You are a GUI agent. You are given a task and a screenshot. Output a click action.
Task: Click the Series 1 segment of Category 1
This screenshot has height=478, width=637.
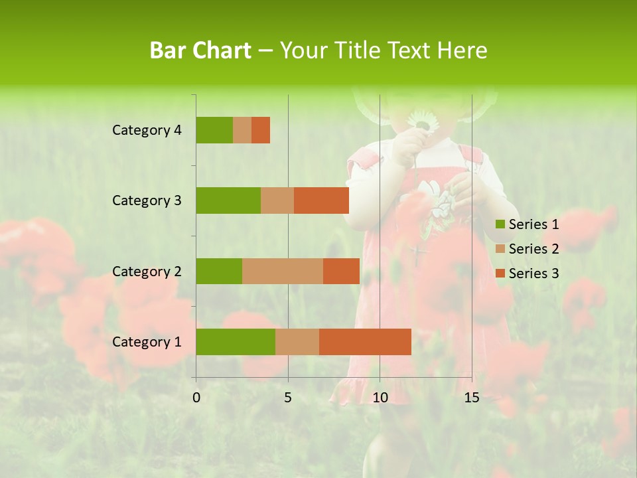coord(236,342)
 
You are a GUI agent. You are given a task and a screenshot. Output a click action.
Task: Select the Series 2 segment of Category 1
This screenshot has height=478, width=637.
coord(297,342)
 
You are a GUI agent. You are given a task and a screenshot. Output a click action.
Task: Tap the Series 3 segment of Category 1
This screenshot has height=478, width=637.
coord(365,342)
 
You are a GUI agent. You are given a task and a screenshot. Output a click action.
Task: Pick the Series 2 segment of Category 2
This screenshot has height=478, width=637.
coord(283,271)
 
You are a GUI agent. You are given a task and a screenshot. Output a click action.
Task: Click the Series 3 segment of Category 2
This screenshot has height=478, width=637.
coord(341,271)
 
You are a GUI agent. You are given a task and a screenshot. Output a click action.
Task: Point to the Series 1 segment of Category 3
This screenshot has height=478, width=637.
coord(228,200)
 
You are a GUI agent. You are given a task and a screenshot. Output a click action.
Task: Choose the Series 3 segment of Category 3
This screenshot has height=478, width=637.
coord(321,200)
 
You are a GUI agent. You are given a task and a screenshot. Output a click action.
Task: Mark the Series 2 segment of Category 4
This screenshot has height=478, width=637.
coord(242,130)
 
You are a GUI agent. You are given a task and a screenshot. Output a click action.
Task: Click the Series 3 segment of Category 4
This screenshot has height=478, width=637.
coord(261,130)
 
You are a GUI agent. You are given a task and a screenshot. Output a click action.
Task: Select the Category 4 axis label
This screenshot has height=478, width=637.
coord(147,130)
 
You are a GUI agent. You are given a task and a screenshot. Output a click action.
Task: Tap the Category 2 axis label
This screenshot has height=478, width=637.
coord(147,271)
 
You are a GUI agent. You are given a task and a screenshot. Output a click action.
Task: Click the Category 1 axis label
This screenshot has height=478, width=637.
coord(147,342)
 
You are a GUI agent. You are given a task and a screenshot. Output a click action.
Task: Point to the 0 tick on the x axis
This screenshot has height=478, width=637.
coord(196,398)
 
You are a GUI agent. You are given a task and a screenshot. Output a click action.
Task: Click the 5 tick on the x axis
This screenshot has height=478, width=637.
coord(288,398)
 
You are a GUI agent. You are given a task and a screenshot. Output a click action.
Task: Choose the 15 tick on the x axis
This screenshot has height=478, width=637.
coord(472,398)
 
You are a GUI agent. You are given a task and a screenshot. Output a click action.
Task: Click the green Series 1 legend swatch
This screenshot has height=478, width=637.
coord(500,224)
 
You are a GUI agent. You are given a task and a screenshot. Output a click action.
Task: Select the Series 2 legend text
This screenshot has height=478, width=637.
coord(533,249)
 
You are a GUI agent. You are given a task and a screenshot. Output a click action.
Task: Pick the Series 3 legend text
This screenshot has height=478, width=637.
coord(533,274)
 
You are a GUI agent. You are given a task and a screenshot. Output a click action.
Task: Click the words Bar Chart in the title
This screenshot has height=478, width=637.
coord(200,50)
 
